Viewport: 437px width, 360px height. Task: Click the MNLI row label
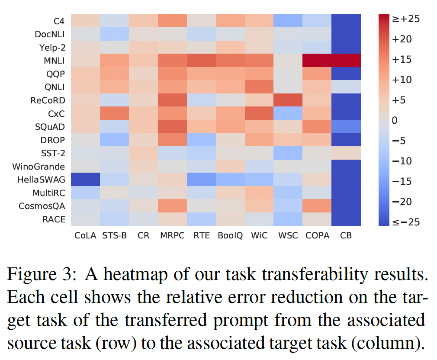[x=55, y=61]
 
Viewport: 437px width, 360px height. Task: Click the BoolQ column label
[x=230, y=235]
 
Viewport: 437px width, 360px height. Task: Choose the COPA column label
[x=317, y=235]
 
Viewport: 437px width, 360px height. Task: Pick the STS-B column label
[x=114, y=235]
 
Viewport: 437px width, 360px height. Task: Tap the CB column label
[x=346, y=235]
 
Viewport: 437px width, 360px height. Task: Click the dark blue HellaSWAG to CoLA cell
[x=85, y=180]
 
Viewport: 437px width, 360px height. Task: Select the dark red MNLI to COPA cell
[x=317, y=61]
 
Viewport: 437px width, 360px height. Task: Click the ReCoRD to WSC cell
[x=288, y=100]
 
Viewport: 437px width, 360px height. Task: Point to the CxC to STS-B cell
[x=114, y=113]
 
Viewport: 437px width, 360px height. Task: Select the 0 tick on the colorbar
[x=394, y=120]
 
